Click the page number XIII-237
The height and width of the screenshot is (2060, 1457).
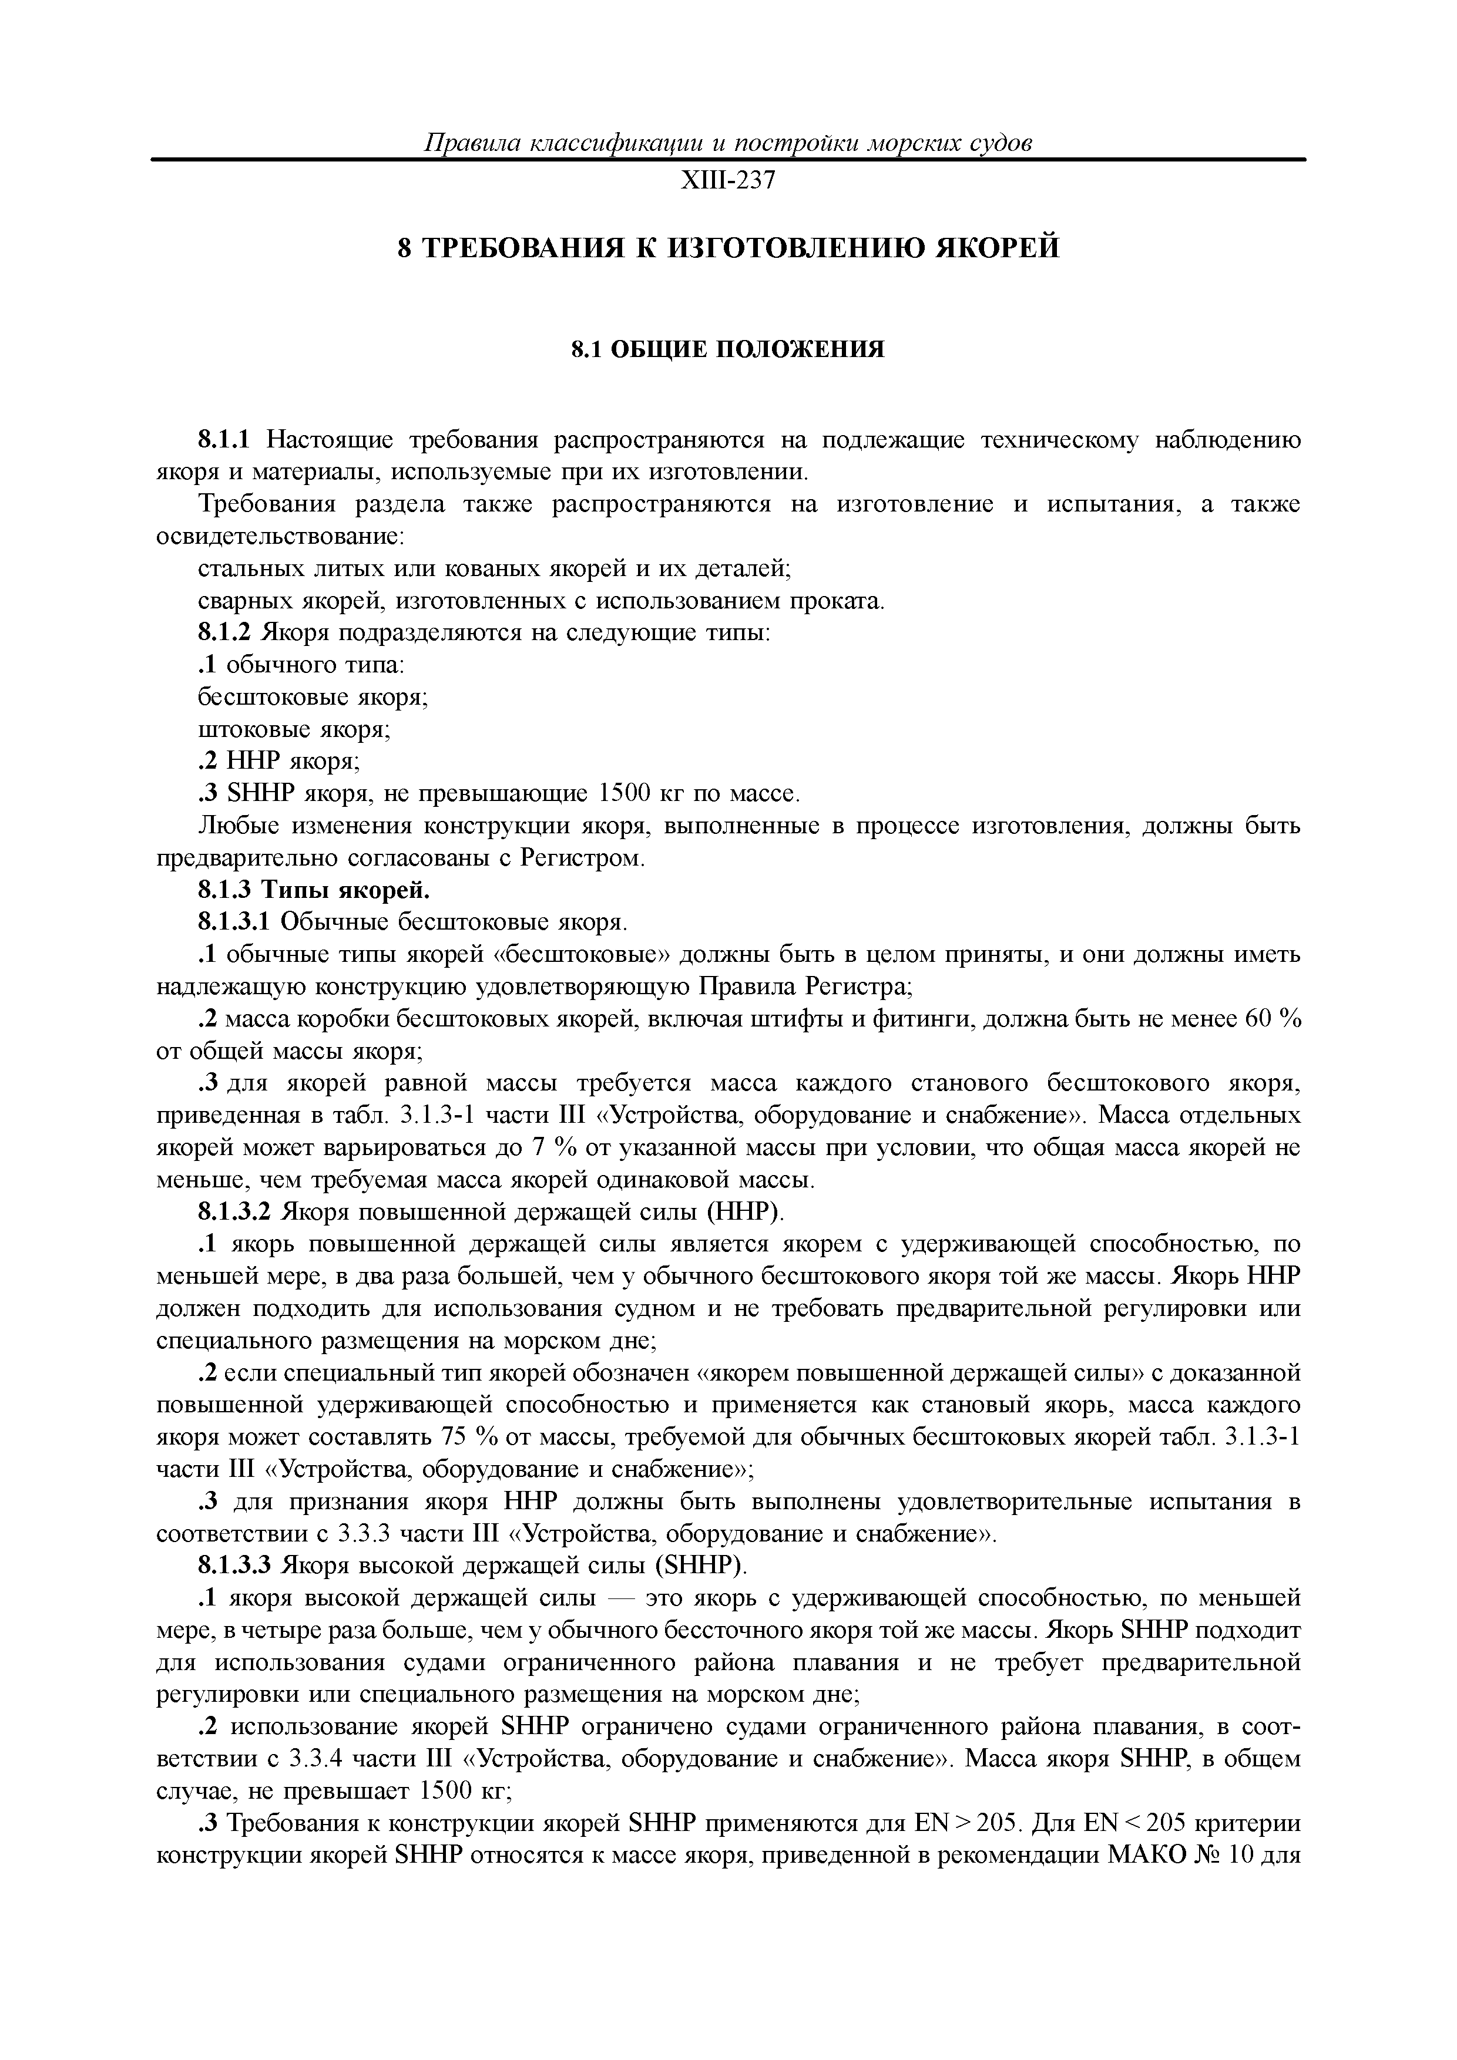[x=728, y=181]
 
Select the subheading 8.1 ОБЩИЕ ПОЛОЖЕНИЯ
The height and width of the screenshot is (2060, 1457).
[x=728, y=349]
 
